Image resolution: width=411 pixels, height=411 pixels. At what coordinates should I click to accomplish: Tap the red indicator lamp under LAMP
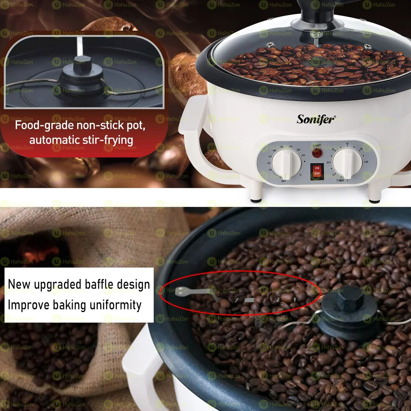pyautogui.click(x=317, y=153)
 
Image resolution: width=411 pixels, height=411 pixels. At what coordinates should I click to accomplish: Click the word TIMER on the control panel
pyautogui.click(x=340, y=180)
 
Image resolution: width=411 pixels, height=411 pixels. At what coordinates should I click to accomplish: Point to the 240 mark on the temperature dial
pyautogui.click(x=303, y=155)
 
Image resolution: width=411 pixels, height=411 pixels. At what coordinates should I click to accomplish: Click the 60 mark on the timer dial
pyautogui.click(x=366, y=162)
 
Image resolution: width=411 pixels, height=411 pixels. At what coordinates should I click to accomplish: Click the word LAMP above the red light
pyautogui.click(x=317, y=145)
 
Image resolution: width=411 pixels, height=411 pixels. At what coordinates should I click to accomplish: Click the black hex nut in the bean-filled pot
pyautogui.click(x=350, y=299)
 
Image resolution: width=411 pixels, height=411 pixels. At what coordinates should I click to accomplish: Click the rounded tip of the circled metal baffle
pyautogui.click(x=178, y=292)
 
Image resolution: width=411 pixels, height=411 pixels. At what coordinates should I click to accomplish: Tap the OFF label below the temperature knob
pyautogui.click(x=284, y=182)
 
